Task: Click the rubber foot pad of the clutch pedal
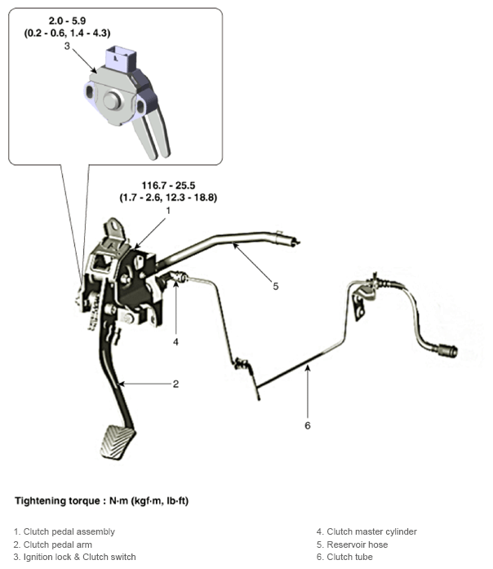tap(118, 442)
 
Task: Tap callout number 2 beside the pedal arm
tap(175, 384)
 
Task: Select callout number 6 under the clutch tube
tap(308, 425)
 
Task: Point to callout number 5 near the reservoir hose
tap(276, 287)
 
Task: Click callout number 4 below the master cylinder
tap(175, 342)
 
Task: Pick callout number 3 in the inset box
tap(67, 46)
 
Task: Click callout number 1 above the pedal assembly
tap(168, 211)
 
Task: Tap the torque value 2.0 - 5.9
tap(67, 20)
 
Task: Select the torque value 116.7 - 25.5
tap(168, 185)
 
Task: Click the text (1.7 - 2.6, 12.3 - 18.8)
tap(168, 198)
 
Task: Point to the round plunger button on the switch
tap(112, 100)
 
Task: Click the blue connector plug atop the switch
tap(121, 57)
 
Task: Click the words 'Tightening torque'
tap(57, 501)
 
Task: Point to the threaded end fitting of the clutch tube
tap(447, 350)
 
